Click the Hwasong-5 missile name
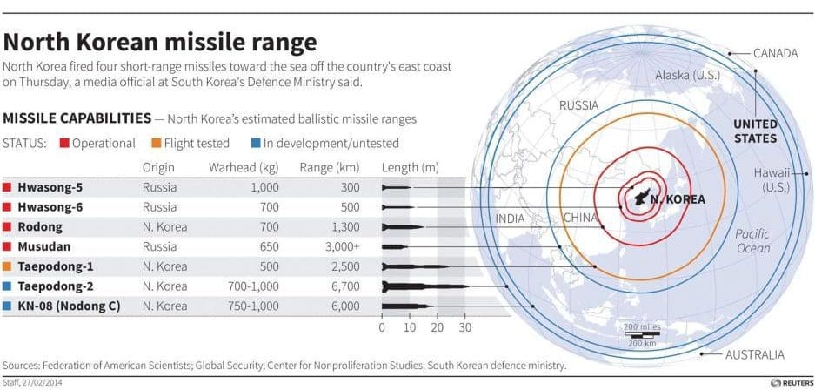point(51,186)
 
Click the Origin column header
point(158,167)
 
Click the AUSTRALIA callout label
point(755,354)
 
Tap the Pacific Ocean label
point(752,241)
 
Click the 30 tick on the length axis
point(465,328)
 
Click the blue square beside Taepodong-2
point(8,286)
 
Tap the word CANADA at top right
point(775,54)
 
